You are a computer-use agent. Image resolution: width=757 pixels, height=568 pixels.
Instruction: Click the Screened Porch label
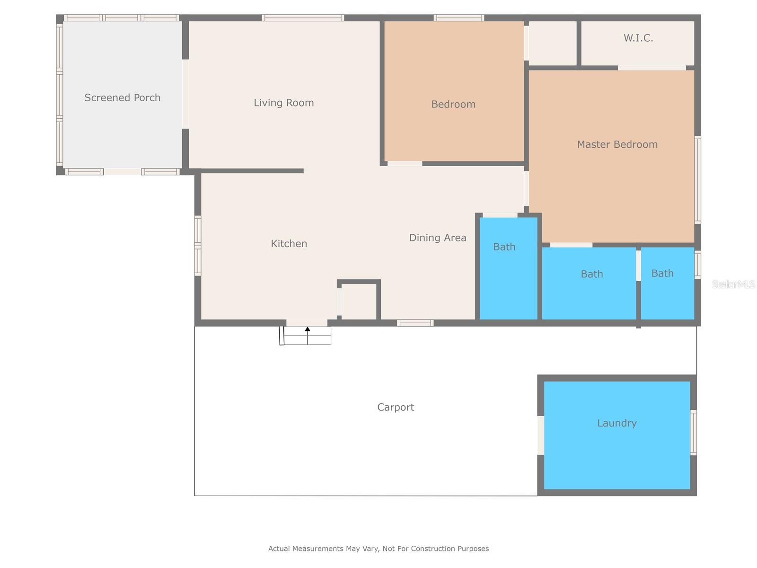tap(122, 98)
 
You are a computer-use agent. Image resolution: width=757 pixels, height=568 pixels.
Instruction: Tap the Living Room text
tap(283, 103)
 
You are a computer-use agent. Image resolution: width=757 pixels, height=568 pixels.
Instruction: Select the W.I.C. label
tap(638, 38)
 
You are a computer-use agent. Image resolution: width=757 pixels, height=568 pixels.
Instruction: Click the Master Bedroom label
tap(617, 144)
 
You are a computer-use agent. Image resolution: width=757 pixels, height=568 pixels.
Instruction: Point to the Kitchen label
tap(289, 243)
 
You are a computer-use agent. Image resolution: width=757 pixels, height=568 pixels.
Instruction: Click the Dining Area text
tap(437, 238)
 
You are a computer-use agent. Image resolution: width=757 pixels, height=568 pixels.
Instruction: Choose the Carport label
tap(396, 407)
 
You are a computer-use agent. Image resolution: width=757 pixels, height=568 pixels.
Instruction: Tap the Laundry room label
tap(616, 423)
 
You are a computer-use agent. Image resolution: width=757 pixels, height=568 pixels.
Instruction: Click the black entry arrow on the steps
tap(308, 329)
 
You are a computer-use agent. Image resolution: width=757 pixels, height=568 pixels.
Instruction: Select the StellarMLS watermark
tap(733, 284)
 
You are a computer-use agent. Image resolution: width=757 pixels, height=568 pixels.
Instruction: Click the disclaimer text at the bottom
tap(378, 549)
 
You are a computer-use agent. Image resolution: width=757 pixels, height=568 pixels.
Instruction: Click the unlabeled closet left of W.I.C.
tap(552, 43)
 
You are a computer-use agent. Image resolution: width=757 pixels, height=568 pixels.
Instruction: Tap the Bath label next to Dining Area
tap(504, 247)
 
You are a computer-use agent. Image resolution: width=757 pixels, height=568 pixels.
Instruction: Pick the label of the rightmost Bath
tap(662, 273)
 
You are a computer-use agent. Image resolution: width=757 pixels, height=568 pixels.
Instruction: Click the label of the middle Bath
tap(591, 274)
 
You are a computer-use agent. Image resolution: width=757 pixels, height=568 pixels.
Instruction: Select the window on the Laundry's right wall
tap(693, 433)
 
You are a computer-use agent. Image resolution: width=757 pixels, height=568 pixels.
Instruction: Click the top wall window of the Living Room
tap(303, 18)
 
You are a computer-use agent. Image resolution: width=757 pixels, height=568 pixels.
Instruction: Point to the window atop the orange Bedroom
tap(458, 18)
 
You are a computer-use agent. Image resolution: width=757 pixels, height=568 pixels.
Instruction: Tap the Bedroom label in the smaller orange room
tap(453, 104)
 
